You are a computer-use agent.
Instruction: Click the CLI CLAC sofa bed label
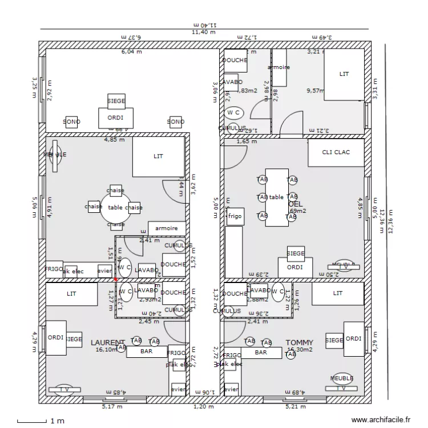point(336,152)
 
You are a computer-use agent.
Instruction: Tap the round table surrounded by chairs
point(115,208)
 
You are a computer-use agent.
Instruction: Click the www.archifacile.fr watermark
point(381,419)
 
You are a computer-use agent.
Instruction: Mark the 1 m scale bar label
point(57,421)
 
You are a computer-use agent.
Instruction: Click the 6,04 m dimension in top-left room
point(131,52)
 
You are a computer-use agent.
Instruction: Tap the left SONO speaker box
point(71,122)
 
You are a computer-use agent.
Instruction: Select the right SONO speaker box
point(176,122)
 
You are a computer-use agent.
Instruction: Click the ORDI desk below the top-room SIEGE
point(116,118)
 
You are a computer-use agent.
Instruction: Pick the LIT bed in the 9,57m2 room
point(344,74)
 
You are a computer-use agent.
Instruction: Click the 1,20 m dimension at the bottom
point(203,407)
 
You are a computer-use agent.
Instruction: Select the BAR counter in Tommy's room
point(261,353)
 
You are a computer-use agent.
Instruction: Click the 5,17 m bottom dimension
point(112,407)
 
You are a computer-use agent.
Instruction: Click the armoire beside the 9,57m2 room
point(279,67)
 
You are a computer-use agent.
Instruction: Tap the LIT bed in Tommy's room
point(338,293)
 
